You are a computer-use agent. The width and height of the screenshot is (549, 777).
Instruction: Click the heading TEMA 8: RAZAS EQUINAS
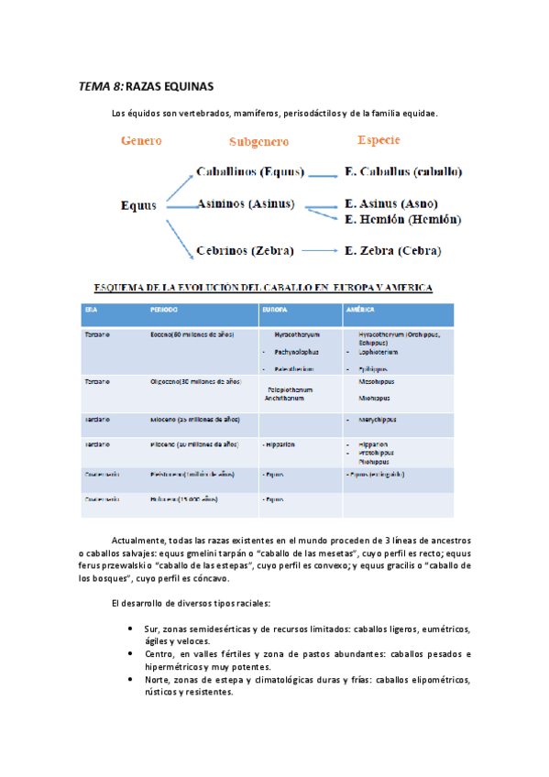click(x=146, y=86)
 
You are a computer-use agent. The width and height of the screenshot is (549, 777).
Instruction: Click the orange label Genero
click(x=141, y=141)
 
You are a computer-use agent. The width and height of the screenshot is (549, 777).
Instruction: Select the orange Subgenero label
click(x=258, y=142)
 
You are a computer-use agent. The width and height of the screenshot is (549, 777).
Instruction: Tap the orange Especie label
click(x=379, y=140)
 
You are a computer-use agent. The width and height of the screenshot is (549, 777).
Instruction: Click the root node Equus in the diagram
click(x=138, y=205)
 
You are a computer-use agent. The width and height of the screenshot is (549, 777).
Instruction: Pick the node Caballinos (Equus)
click(x=250, y=171)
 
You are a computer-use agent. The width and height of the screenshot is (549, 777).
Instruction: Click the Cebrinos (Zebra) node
click(x=245, y=250)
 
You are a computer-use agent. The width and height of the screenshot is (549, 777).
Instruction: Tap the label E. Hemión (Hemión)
click(x=402, y=220)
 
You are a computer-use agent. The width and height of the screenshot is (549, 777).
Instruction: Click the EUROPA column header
click(x=274, y=310)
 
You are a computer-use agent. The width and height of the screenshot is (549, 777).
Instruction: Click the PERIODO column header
click(x=165, y=310)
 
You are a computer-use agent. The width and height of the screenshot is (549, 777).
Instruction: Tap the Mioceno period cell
click(x=195, y=419)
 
